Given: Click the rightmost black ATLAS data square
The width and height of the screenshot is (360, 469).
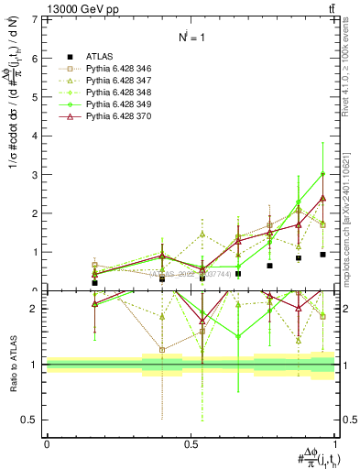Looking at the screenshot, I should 323,255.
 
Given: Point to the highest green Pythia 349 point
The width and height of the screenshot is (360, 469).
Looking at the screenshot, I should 323,174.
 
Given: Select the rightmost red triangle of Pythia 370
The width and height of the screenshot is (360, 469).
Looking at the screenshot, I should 323,198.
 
